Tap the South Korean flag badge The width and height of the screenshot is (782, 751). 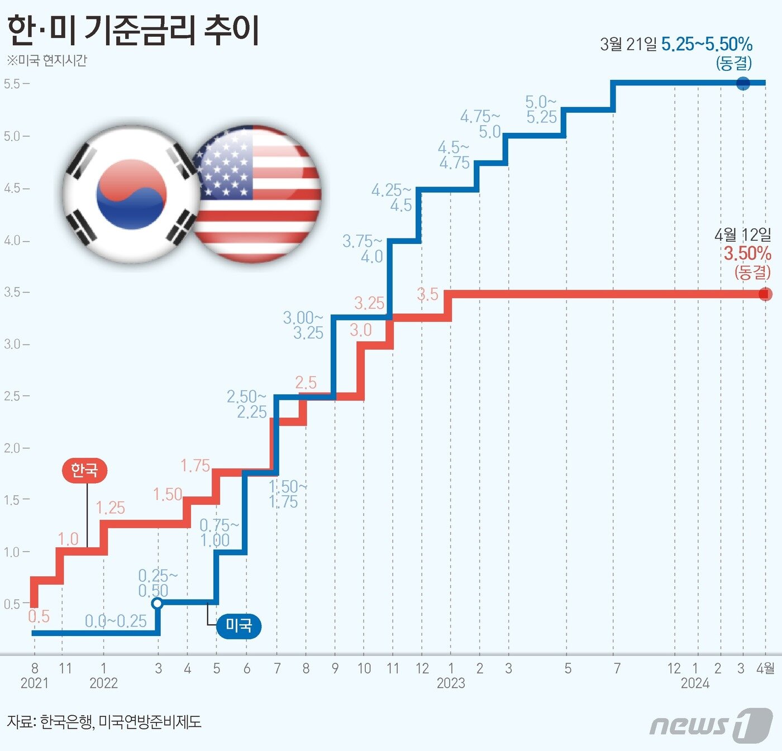click(x=131, y=194)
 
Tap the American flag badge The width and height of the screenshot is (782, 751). click(x=256, y=194)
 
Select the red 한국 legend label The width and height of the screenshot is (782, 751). click(x=84, y=470)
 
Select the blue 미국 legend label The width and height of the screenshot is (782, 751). click(x=239, y=625)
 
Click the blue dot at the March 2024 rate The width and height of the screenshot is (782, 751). click(x=743, y=83)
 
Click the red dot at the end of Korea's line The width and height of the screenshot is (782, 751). click(x=765, y=294)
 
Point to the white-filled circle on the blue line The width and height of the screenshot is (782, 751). click(x=158, y=603)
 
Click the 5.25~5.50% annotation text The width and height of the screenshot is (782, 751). click(x=707, y=44)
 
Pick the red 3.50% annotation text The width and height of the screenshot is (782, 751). click(x=747, y=253)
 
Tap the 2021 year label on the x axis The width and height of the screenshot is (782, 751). click(x=35, y=683)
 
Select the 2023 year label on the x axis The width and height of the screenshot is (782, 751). click(x=451, y=683)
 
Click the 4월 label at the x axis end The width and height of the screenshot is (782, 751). click(x=765, y=668)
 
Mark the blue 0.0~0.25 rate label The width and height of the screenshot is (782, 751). click(x=116, y=621)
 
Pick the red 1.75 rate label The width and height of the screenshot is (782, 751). click(x=195, y=465)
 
